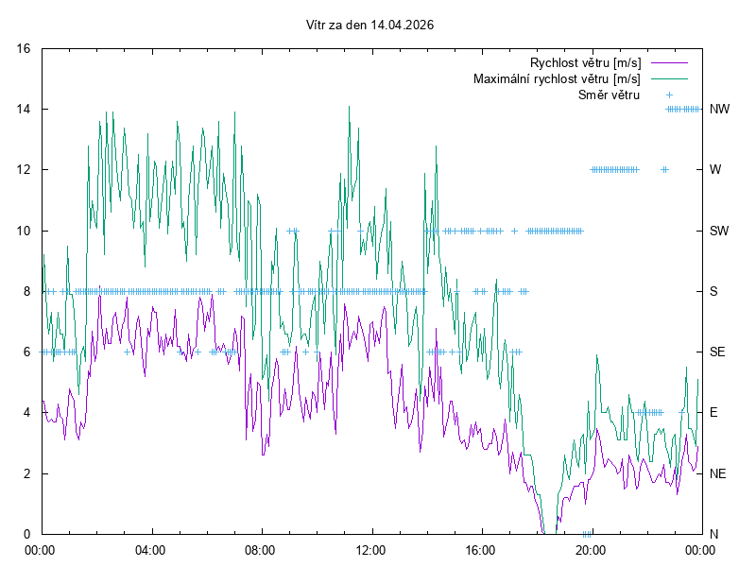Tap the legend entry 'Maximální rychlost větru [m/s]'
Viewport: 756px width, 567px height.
(558, 78)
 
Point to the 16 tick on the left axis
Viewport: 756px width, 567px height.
(25, 48)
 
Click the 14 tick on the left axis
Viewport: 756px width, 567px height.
(25, 109)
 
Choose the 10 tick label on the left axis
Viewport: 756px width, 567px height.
(25, 231)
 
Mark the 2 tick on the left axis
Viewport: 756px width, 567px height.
(27, 473)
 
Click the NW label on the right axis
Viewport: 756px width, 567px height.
(719, 109)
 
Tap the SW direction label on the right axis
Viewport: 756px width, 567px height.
(719, 231)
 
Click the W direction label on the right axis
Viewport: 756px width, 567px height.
(715, 170)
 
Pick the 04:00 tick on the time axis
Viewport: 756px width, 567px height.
(150, 549)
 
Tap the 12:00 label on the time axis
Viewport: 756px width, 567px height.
(370, 549)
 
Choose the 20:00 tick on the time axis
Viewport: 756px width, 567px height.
(591, 549)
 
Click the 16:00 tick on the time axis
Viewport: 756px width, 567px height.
(481, 549)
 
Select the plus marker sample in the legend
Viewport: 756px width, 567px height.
(668, 94)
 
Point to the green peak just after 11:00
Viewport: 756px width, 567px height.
(350, 107)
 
